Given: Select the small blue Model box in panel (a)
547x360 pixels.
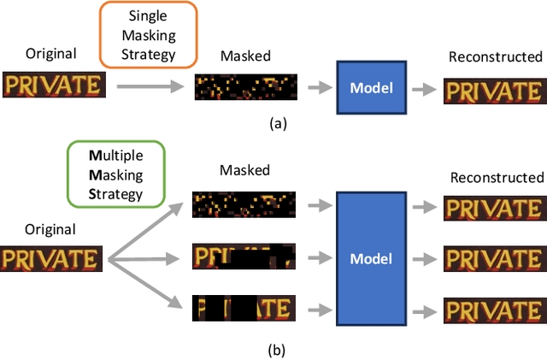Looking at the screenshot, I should (x=375, y=87).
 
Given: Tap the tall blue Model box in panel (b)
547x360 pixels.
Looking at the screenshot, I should (x=374, y=258).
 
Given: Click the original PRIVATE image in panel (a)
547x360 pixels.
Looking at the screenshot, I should (x=54, y=85).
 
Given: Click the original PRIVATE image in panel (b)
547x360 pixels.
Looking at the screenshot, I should (x=53, y=258).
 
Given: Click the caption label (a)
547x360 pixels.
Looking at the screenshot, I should (x=278, y=123).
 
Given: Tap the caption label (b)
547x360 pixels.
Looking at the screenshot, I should (x=274, y=349).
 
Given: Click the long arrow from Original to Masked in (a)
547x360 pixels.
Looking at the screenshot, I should (x=150, y=86).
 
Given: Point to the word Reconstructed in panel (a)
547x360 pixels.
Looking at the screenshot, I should (x=495, y=57).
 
